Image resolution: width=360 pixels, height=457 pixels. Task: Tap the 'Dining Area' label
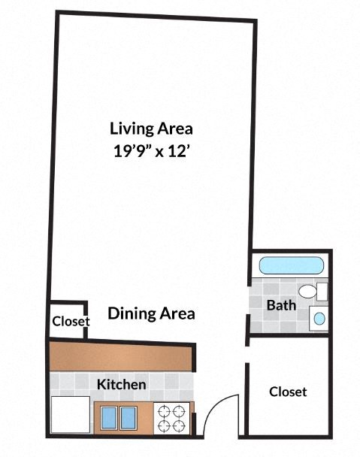[x=151, y=313]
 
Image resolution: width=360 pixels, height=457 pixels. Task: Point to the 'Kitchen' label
[x=121, y=385]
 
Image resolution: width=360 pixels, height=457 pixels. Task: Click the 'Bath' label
[x=280, y=305]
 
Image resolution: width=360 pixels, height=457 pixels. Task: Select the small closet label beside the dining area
[x=71, y=322]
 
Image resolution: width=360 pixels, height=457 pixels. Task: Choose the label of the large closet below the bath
[x=288, y=392]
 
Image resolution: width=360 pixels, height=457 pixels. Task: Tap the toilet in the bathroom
[x=310, y=292]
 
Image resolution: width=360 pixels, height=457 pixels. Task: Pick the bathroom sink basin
[x=319, y=319]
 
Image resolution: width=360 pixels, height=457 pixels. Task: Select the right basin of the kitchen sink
[x=128, y=418]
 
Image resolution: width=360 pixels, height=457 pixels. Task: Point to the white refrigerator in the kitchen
[x=70, y=416]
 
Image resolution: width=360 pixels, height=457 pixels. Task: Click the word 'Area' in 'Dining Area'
[x=177, y=313]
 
